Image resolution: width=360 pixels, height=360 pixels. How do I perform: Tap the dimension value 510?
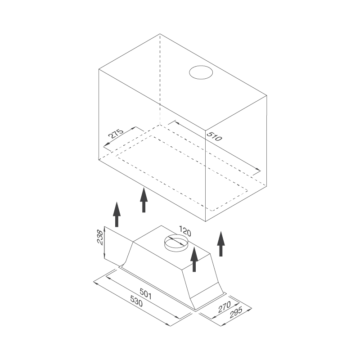(214, 136)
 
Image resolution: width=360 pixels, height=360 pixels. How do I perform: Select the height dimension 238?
(100, 237)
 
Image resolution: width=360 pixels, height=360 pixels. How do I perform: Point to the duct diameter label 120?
(185, 231)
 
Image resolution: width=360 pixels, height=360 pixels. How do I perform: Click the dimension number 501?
(145, 294)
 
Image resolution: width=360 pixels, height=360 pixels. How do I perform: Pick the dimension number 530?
(136, 301)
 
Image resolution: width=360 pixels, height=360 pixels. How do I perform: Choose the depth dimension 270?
(224, 307)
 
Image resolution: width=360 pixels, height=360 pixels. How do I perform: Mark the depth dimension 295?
(236, 312)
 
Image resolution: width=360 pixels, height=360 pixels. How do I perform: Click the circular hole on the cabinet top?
(201, 72)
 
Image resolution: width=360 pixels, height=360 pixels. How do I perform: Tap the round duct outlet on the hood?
(176, 243)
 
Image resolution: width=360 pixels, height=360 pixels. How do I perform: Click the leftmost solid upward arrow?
(117, 215)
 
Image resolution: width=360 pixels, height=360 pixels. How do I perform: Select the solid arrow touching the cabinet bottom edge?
(144, 200)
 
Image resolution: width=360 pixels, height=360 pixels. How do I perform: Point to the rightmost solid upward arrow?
(221, 244)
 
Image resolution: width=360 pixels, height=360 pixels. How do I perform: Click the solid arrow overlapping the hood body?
(194, 259)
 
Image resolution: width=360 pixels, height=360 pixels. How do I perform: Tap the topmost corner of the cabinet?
(160, 34)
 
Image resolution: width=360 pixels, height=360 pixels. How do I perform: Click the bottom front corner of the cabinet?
(206, 221)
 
